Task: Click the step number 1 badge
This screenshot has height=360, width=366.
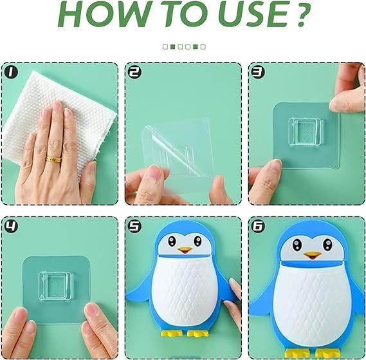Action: pyautogui.click(x=11, y=73)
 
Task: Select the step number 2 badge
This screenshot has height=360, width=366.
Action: pyautogui.click(x=135, y=73)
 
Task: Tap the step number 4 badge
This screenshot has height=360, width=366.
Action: pyautogui.click(x=11, y=227)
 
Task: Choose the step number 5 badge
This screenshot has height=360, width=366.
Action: pyautogui.click(x=135, y=227)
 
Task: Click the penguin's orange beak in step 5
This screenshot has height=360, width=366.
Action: pyautogui.click(x=185, y=249)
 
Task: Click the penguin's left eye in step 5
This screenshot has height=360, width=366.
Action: pyautogui.click(x=172, y=241)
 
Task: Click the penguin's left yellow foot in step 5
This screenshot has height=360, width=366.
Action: pyautogui.click(x=170, y=334)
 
